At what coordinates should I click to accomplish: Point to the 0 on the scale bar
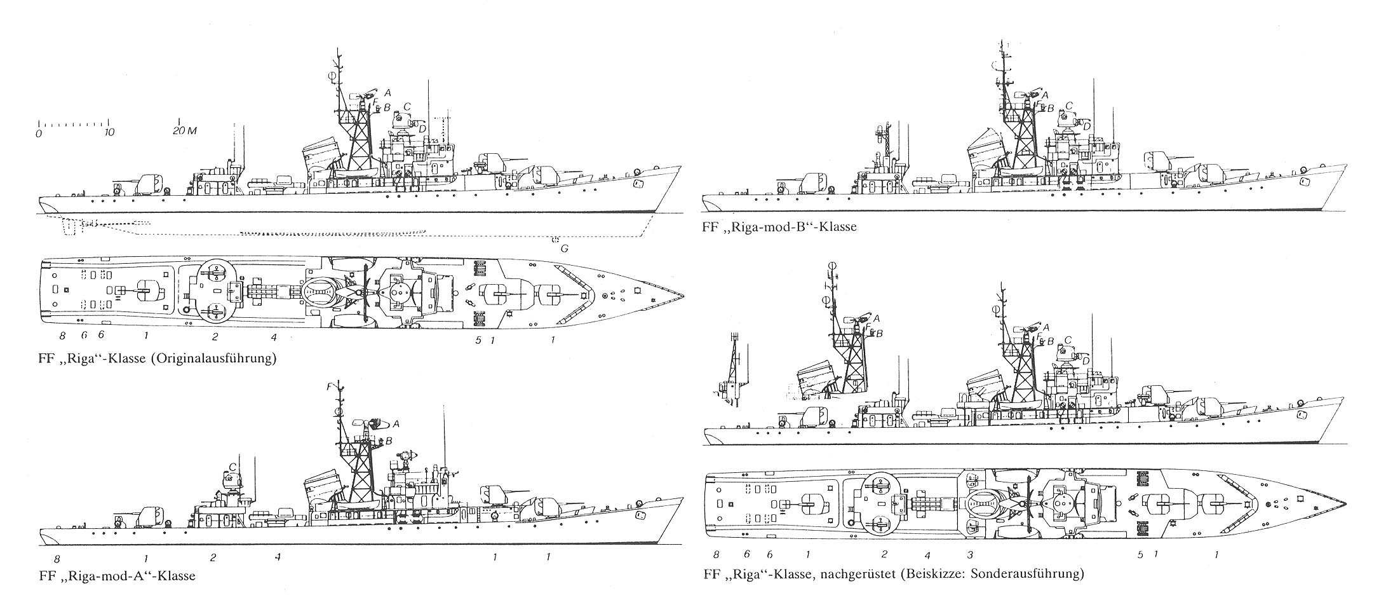click(x=39, y=133)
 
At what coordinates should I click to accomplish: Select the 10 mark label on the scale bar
click(x=109, y=133)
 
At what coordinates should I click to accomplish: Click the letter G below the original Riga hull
click(x=563, y=249)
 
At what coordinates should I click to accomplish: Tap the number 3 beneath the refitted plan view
click(x=969, y=555)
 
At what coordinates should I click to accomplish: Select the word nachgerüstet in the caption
click(x=859, y=575)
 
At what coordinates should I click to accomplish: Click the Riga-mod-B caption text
click(x=780, y=227)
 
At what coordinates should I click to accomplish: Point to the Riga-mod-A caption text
click(x=117, y=576)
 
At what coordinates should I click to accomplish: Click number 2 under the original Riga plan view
click(x=215, y=337)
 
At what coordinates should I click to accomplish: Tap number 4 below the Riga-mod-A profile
click(x=278, y=557)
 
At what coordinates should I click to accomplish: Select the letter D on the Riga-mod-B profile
click(x=1087, y=127)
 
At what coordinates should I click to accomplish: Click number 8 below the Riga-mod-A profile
click(x=57, y=559)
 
